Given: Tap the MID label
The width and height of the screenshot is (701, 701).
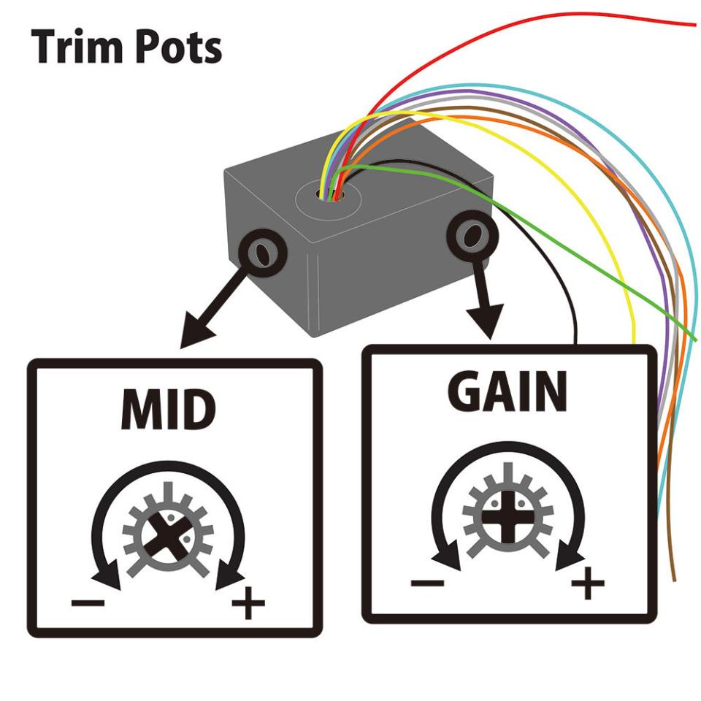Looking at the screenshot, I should tap(169, 411).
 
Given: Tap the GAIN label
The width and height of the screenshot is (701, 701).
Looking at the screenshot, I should tap(507, 394).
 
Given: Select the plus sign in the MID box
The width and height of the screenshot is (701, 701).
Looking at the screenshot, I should tap(248, 604).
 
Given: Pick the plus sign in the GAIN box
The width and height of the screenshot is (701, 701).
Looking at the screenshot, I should tap(588, 584).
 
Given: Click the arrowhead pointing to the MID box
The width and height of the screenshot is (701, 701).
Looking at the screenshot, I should tap(199, 332).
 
